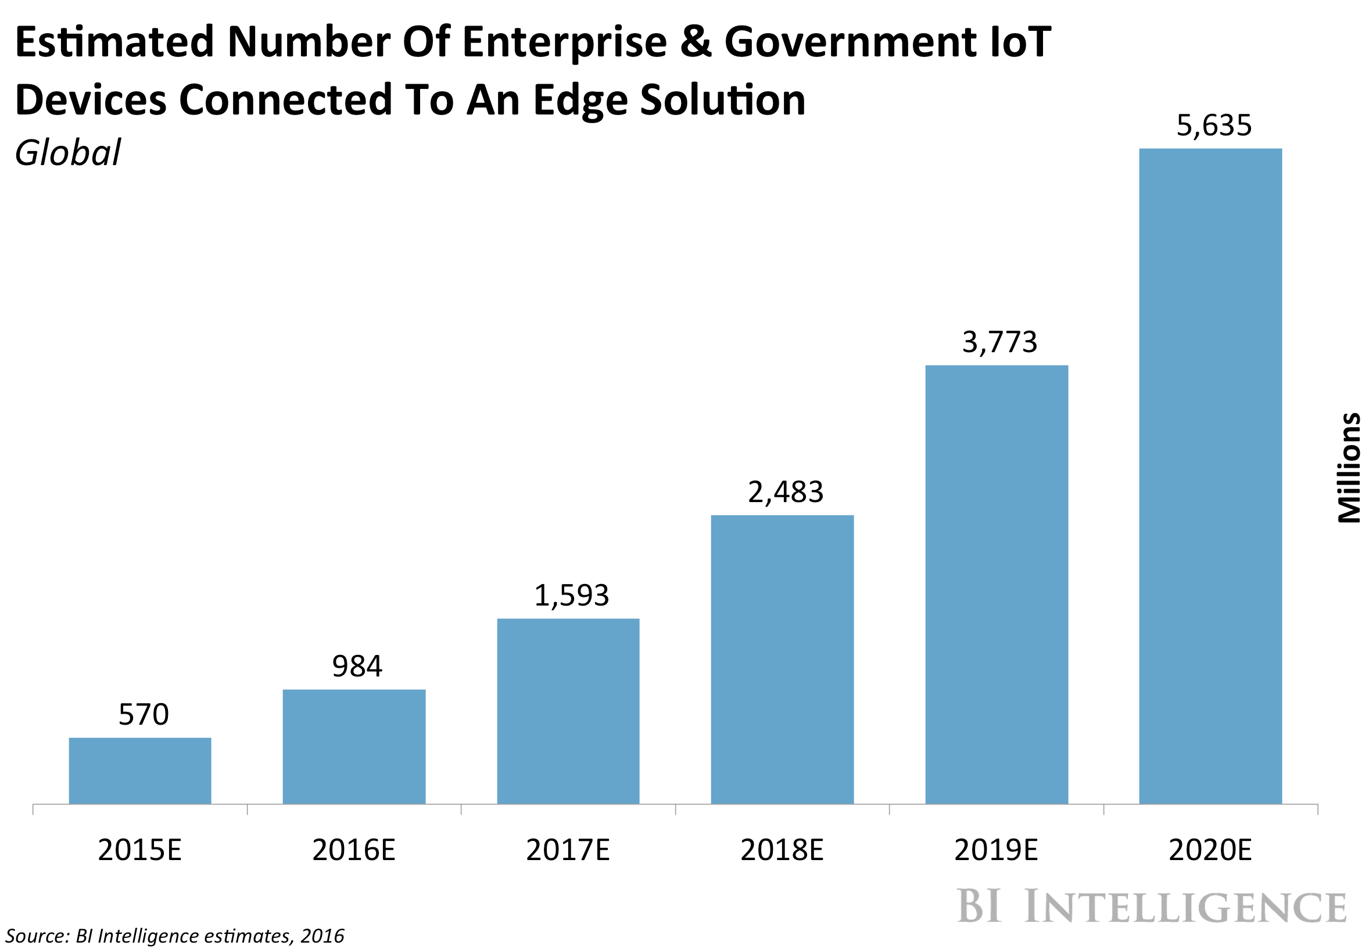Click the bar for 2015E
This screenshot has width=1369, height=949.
pyautogui.click(x=139, y=771)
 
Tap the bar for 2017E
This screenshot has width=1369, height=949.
pyautogui.click(x=568, y=711)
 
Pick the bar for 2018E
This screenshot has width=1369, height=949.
pyautogui.click(x=782, y=660)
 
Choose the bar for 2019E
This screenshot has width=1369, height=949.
pyautogui.click(x=997, y=585)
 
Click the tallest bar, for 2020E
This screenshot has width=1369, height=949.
pyautogui.click(x=1210, y=476)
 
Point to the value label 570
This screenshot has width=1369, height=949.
pyautogui.click(x=144, y=714)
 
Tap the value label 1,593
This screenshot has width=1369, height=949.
pyautogui.click(x=571, y=595)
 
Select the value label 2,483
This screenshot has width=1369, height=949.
pyautogui.click(x=784, y=492)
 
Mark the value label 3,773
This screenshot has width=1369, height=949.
pyautogui.click(x=999, y=342)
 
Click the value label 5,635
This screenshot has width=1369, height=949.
pyautogui.click(x=1213, y=126)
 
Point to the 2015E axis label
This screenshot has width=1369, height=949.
pyautogui.click(x=139, y=850)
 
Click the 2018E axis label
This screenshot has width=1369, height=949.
pyautogui.click(x=782, y=850)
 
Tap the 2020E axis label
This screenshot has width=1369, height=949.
pyautogui.click(x=1210, y=850)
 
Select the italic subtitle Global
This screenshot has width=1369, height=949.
pyautogui.click(x=67, y=153)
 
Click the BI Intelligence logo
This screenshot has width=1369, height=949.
pyautogui.click(x=1152, y=906)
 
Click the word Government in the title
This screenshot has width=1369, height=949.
pyautogui.click(x=850, y=43)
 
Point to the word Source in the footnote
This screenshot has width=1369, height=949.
pyautogui.click(x=37, y=936)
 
